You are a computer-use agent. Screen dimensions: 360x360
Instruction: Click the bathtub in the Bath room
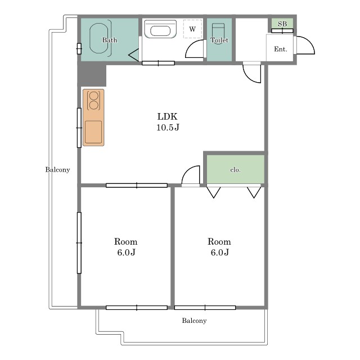coord(99,38)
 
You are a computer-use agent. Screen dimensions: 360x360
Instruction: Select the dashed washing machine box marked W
coord(192,29)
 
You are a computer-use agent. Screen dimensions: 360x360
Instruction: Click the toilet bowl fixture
coord(218,31)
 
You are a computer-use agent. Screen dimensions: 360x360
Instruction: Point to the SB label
coord(282,24)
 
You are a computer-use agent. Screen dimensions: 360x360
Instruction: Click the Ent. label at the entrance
coord(281,49)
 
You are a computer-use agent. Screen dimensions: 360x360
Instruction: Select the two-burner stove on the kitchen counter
coord(94,101)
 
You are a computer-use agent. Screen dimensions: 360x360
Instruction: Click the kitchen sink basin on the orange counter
coord(93,132)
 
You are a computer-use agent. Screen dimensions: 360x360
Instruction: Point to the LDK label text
coord(168,116)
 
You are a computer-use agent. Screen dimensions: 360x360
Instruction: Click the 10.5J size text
coord(168,127)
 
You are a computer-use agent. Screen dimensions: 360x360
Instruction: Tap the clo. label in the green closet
coord(235,170)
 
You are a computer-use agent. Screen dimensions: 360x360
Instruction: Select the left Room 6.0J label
coord(126,247)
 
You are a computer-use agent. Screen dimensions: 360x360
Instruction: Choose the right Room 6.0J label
coord(219,247)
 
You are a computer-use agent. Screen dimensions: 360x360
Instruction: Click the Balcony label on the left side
coord(57,170)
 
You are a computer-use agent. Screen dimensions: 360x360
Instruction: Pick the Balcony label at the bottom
coord(194,321)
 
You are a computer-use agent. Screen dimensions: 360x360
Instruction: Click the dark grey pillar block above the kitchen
coord(92,74)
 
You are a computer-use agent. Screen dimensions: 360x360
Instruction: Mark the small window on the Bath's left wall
coord(79,49)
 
